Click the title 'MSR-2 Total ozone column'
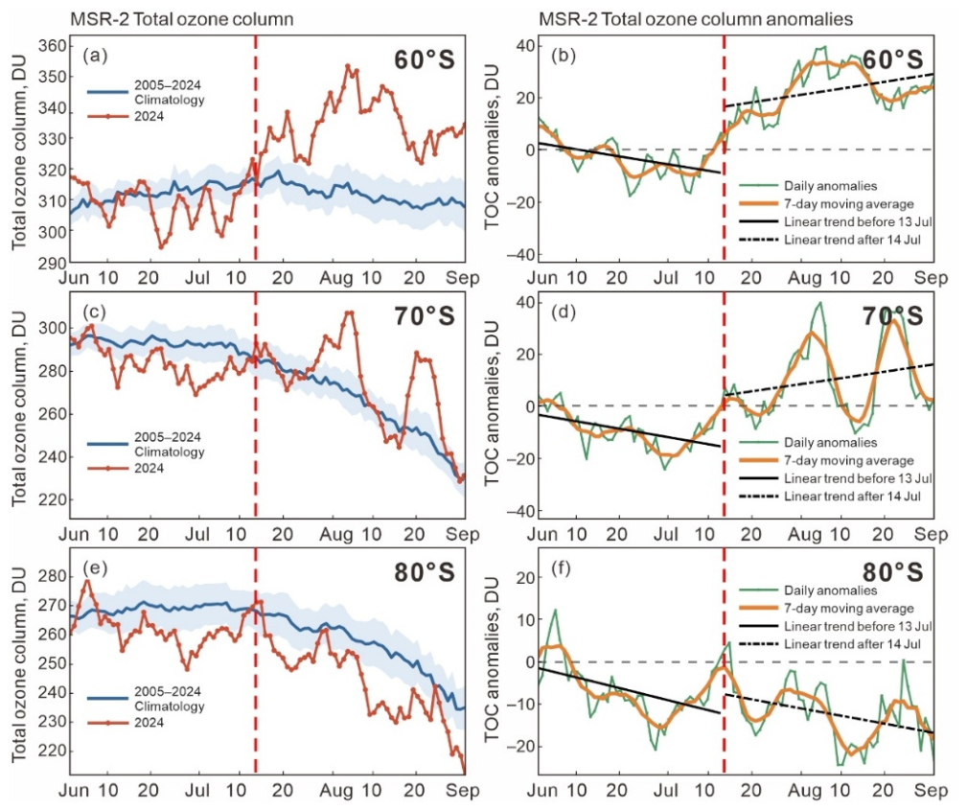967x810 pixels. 181,19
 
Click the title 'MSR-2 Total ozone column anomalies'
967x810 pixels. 696,19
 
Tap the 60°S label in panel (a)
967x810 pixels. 425,59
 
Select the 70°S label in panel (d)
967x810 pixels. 892,316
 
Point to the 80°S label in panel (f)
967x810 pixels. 892,572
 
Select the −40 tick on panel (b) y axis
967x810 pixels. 519,254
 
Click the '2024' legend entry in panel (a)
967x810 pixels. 126,116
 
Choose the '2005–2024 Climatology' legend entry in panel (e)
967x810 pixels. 146,699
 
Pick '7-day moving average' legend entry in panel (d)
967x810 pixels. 826,460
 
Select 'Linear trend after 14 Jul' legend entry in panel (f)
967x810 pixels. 830,644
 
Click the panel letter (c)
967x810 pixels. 95,312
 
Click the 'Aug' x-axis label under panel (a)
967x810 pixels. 336,278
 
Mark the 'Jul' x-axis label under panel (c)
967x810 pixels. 197,534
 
